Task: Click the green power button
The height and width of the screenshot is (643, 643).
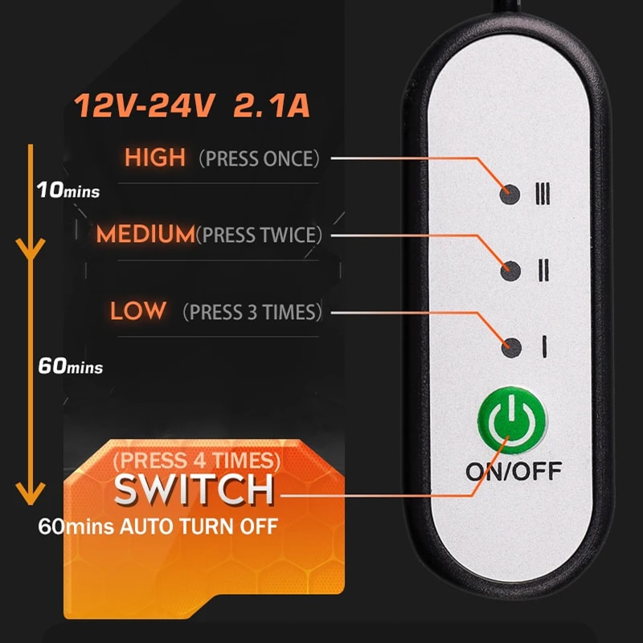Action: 512,420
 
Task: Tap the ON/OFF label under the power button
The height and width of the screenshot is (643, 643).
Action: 514,472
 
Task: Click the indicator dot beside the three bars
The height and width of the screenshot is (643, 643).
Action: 510,194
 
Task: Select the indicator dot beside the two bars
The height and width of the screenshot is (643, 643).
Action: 511,271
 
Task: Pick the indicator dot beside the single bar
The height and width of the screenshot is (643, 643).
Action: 511,347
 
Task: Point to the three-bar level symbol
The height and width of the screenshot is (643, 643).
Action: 543,194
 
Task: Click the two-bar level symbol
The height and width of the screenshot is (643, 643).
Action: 544,270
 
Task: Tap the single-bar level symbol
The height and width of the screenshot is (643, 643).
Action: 544,347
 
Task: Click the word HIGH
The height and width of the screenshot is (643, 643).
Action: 155,157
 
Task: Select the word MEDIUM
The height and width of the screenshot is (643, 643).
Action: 145,234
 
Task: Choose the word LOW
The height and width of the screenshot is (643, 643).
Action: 138,310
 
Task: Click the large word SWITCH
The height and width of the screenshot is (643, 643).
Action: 194,489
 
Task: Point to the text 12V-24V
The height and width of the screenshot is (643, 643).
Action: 145,106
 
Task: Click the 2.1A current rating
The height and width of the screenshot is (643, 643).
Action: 272,106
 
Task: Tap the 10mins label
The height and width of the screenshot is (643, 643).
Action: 68,190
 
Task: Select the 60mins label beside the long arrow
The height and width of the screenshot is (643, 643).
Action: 70,366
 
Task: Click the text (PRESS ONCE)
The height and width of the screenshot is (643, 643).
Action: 259,158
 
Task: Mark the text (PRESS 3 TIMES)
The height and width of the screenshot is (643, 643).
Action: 252,312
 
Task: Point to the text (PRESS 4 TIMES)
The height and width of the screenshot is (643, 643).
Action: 197,461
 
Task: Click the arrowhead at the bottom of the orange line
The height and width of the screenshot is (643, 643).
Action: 31,494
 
